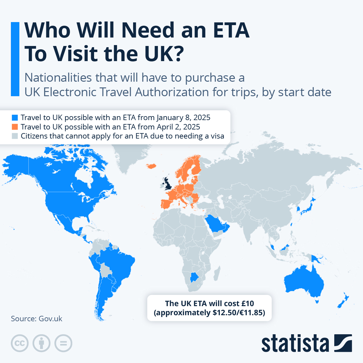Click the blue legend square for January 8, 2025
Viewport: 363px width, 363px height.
pyautogui.click(x=15, y=118)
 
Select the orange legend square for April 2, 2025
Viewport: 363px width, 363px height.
pyautogui.click(x=15, y=127)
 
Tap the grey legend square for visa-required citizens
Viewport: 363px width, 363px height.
pyautogui.click(x=15, y=136)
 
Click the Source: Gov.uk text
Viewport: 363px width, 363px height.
pyautogui.click(x=37, y=319)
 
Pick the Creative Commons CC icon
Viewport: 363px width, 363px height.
pyautogui.click(x=20, y=343)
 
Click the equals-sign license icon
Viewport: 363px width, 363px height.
pyautogui.click(x=64, y=343)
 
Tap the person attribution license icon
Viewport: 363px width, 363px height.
pyautogui.click(x=41, y=343)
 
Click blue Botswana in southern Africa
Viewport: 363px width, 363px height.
pyautogui.click(x=194, y=277)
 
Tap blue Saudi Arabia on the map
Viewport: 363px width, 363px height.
pyautogui.click(x=216, y=224)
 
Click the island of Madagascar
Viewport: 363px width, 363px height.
pyautogui.click(x=217, y=274)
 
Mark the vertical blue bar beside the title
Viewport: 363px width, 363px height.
pyautogui.click(x=15, y=59)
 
